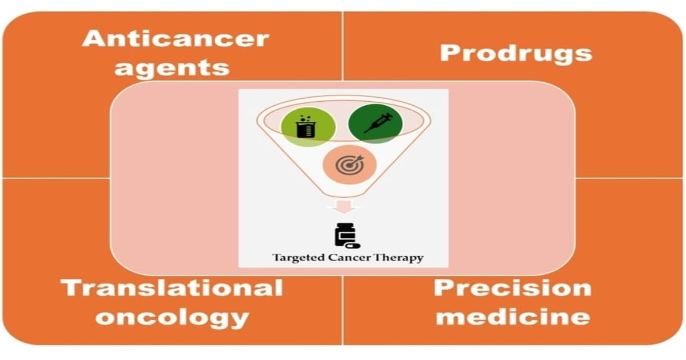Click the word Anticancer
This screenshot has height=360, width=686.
(x=176, y=39)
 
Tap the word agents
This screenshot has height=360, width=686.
(x=171, y=67)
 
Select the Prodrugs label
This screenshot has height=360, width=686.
(x=516, y=53)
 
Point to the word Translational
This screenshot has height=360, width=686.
(x=172, y=287)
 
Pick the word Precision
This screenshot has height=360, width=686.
(x=512, y=287)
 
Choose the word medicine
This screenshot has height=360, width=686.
(x=512, y=317)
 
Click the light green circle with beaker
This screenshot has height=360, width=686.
(x=308, y=126)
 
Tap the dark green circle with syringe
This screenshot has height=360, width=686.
(x=376, y=123)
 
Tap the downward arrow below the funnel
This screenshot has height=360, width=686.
(x=344, y=206)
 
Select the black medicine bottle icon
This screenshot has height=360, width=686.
(x=344, y=235)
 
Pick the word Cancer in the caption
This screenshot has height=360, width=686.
(x=342, y=258)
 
